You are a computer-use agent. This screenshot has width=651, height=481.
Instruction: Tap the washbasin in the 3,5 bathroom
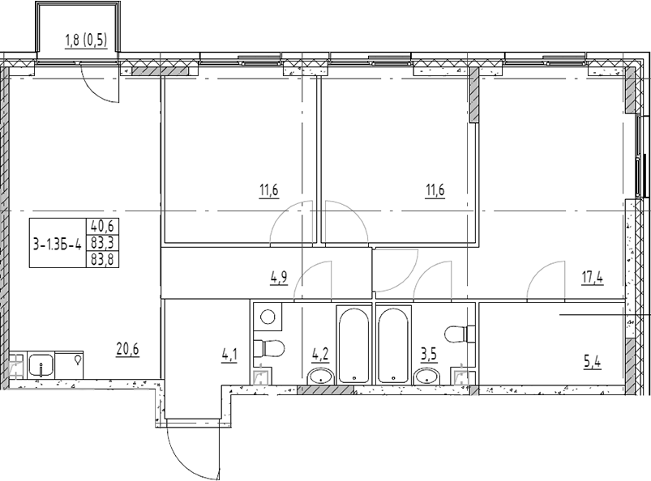pos(426,375)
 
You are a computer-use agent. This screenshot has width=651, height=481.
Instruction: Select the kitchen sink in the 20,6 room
pos(41,365)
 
